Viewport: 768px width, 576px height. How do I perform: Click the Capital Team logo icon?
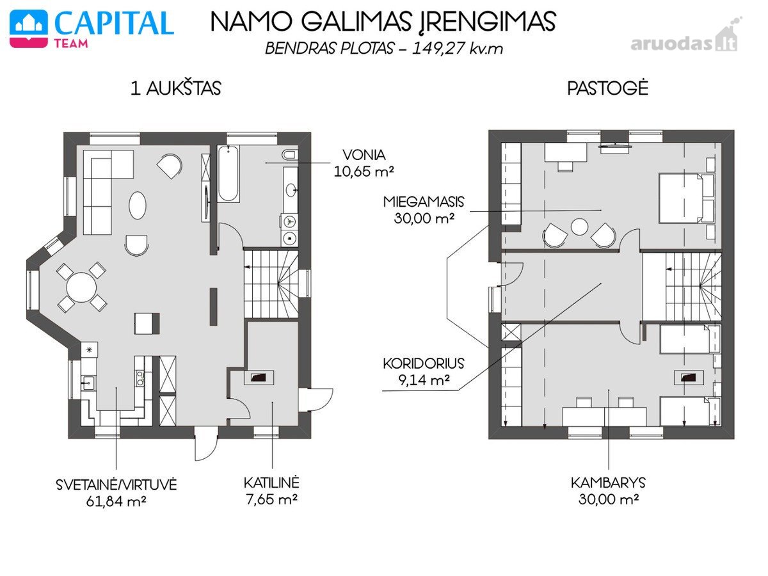coord(29,29)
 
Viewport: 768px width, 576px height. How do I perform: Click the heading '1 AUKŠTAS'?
coord(175,88)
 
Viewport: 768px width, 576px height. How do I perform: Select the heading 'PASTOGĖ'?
coord(607,88)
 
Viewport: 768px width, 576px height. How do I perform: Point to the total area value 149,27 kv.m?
coord(458,48)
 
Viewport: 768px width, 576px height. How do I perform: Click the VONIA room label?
coord(364,155)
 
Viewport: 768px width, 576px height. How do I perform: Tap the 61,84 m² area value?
coord(116,502)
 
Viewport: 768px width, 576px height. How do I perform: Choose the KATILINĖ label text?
coord(271,483)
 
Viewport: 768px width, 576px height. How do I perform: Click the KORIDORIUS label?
coord(424,364)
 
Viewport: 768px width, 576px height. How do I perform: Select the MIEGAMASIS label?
coord(424,202)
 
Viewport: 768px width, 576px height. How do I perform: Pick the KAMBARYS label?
coord(608,483)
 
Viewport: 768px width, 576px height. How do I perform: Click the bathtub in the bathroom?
coord(228,174)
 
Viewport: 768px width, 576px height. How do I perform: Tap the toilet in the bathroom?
coord(290,155)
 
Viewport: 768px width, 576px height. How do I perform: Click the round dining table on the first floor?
coord(81,287)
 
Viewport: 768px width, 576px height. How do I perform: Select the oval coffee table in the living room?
coord(138,205)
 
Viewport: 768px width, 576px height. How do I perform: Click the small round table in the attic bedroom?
coord(579,227)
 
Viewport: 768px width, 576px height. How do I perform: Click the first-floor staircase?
coord(271,284)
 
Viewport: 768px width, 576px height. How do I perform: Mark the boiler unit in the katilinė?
coord(259,378)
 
